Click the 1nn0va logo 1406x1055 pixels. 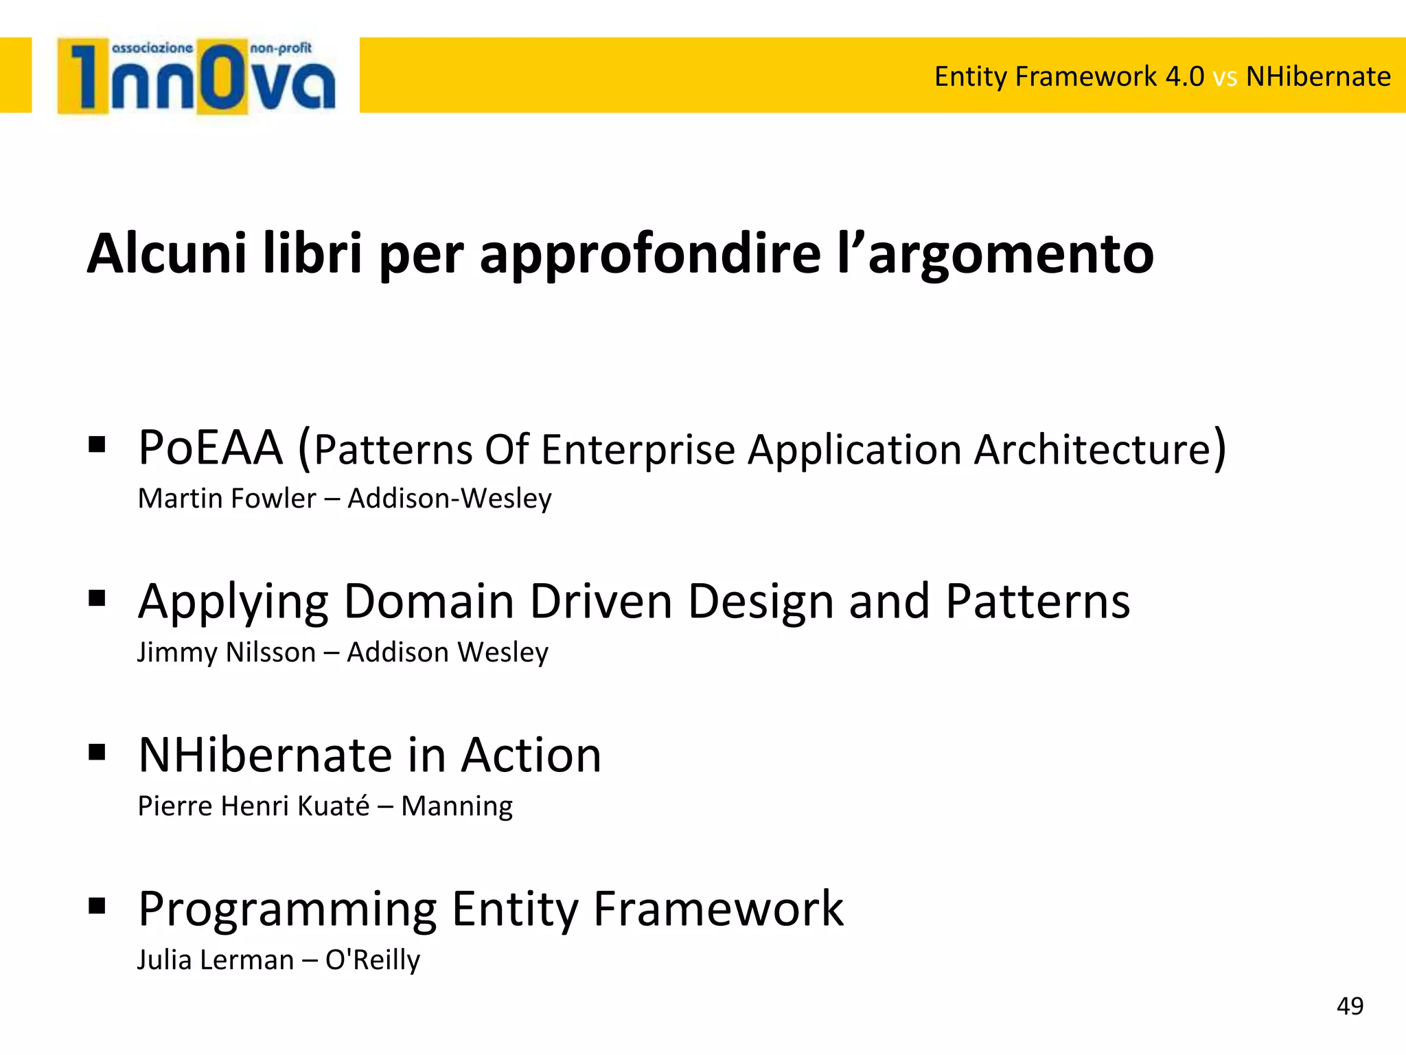[x=196, y=76]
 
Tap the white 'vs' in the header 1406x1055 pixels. [x=1225, y=77]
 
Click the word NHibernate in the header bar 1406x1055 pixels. [x=1318, y=76]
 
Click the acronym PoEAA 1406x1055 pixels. [x=210, y=449]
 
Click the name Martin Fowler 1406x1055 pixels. [x=227, y=499]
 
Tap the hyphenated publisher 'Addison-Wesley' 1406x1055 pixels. [x=450, y=499]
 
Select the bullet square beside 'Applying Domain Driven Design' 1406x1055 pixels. [x=97, y=598]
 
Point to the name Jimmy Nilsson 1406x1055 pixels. [x=227, y=653]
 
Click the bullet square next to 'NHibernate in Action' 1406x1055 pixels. [x=97, y=752]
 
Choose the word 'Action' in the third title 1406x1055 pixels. [x=531, y=756]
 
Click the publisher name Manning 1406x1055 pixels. [x=457, y=806]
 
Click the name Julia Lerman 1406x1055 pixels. [x=216, y=960]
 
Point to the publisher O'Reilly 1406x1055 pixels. [x=372, y=960]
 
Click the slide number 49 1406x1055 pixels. [x=1350, y=1006]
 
